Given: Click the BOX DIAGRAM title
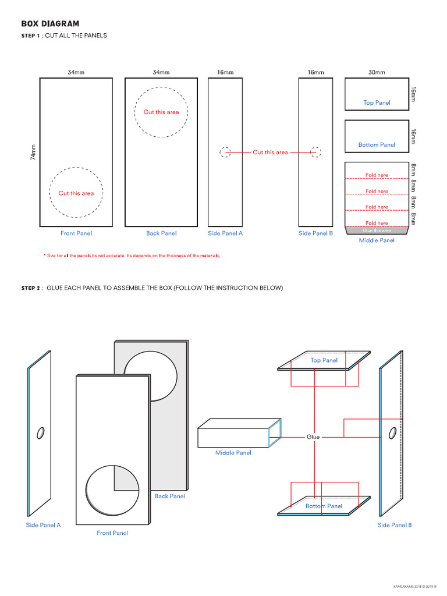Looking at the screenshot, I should (x=50, y=24).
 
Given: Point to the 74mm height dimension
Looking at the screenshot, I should (x=33, y=152).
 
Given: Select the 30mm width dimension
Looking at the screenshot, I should (x=377, y=73).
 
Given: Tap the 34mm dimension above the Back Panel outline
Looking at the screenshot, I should (x=161, y=73).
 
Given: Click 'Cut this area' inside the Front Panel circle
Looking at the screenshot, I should (x=76, y=193).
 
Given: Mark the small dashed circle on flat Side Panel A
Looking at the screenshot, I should (x=225, y=152).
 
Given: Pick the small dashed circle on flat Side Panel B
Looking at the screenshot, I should (x=315, y=152).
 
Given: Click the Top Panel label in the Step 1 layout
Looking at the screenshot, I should (x=377, y=103).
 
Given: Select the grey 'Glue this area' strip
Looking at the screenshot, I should (x=377, y=230).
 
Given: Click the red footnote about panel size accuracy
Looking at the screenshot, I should (x=132, y=256).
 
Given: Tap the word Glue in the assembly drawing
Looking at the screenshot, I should (x=313, y=437).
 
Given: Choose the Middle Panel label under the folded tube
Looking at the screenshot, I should (x=233, y=453).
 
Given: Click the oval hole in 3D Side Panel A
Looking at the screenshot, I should (x=41, y=432).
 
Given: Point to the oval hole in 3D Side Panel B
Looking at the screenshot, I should (x=393, y=432).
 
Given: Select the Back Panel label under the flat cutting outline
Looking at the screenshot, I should (x=161, y=233).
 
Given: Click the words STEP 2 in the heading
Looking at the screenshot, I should (x=31, y=288).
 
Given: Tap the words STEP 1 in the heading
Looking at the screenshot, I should (x=31, y=36).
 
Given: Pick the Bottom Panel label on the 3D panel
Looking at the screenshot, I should (x=324, y=506).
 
